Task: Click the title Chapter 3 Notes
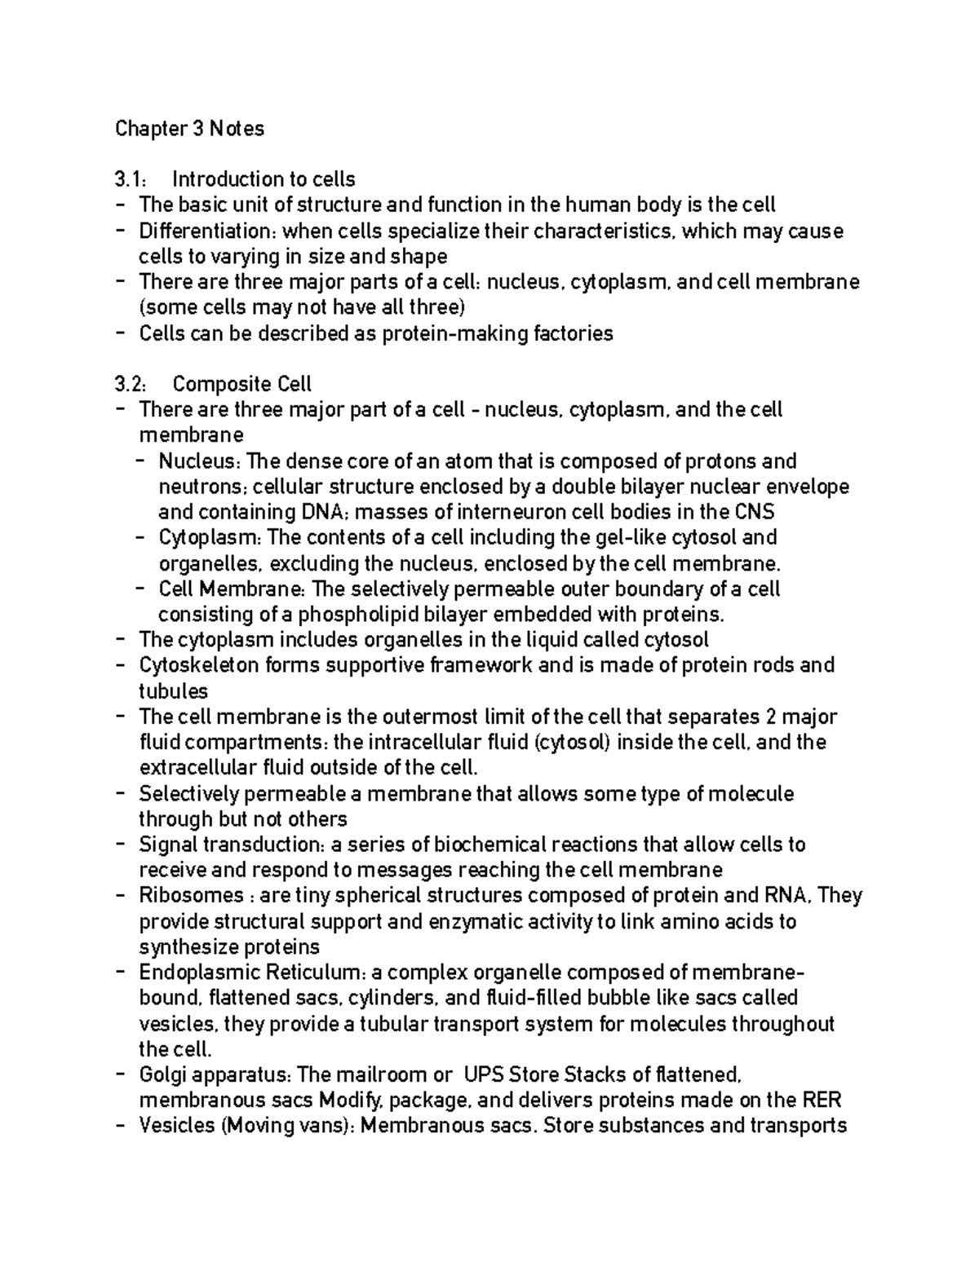pyautogui.click(x=189, y=129)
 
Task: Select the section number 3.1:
pyautogui.click(x=130, y=179)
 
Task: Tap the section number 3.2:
pyautogui.click(x=131, y=384)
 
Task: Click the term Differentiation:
pyautogui.click(x=207, y=231)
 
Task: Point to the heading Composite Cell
pyautogui.click(x=242, y=384)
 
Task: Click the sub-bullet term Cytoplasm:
pyautogui.click(x=210, y=538)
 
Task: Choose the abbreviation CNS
pyautogui.click(x=755, y=512)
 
